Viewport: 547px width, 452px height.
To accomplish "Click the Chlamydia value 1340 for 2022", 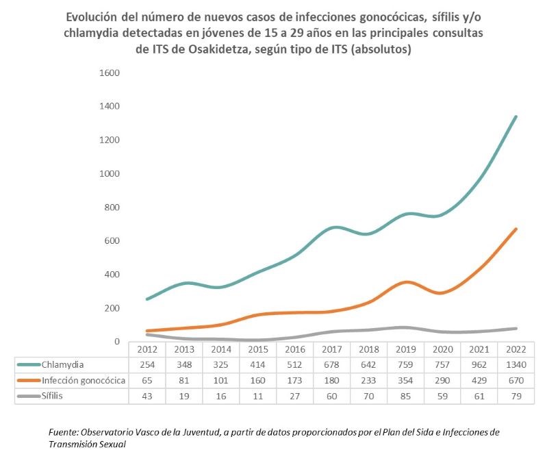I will pyautogui.click(x=516, y=364).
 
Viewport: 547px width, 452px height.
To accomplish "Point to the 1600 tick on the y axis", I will pyautogui.click(x=110, y=73).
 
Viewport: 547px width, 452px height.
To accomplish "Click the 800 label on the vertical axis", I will pyautogui.click(x=113, y=208).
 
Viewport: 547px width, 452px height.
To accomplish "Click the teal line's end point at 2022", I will pyautogui.click(x=516, y=117).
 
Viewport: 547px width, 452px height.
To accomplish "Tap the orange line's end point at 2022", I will pyautogui.click(x=516, y=229).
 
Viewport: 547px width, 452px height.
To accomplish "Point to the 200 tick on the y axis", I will pyautogui.click(x=113, y=308).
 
